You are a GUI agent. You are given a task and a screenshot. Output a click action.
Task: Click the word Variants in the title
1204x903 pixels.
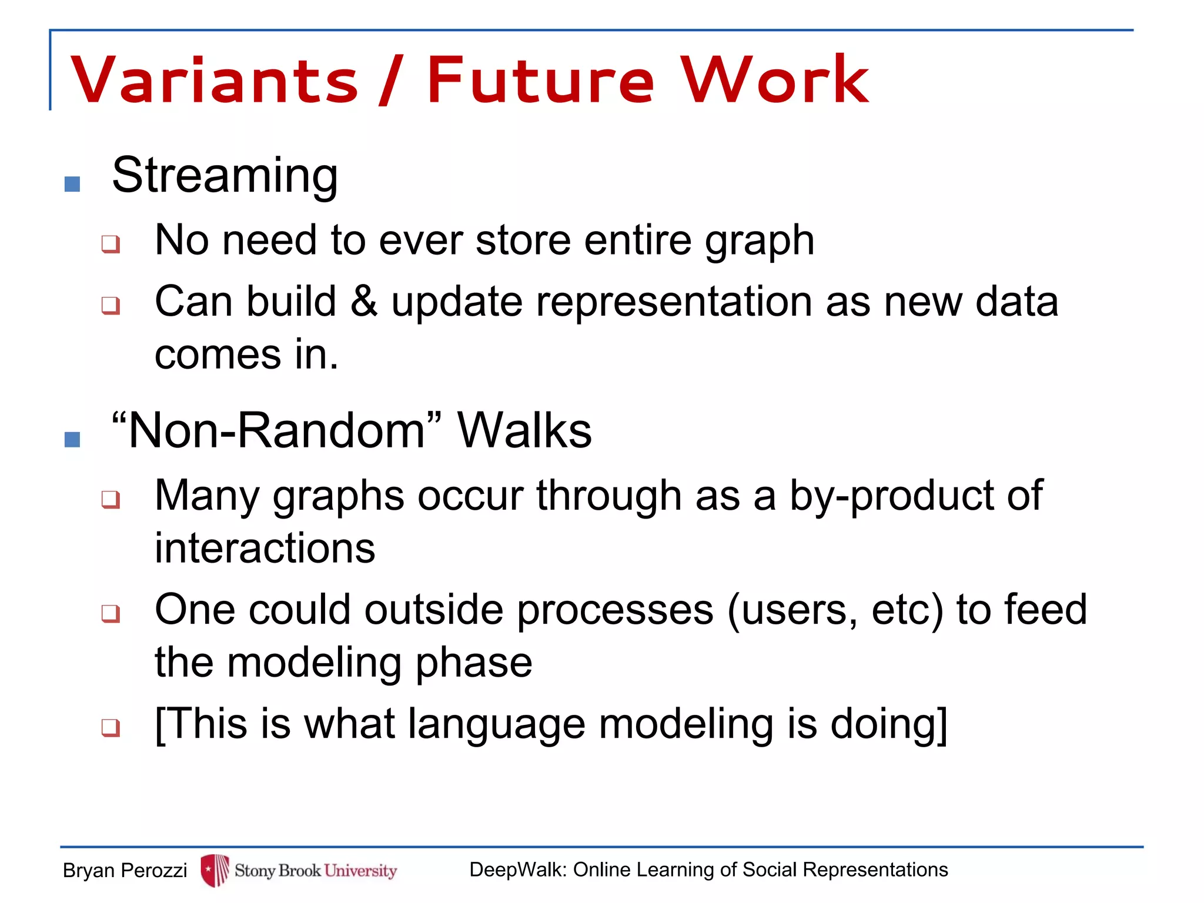point(215,81)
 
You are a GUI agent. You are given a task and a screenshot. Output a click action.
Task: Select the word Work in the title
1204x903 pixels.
point(775,81)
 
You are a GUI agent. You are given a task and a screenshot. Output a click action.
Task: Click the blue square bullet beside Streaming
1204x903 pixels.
point(72,184)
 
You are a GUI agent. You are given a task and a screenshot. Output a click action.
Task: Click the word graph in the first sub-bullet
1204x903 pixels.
point(760,241)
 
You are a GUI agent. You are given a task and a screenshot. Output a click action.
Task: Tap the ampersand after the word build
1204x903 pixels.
point(364,301)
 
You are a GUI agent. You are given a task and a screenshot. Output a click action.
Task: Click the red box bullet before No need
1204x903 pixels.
point(111,243)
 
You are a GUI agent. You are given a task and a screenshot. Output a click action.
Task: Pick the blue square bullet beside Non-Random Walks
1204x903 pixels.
point(72,439)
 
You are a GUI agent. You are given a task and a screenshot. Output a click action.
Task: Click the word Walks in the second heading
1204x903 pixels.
point(524,431)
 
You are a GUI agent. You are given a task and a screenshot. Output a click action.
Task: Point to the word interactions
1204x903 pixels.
point(265,549)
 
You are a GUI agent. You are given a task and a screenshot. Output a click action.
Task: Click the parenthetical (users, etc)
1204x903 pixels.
point(835,610)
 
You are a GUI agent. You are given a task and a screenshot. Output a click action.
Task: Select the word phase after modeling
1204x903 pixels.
point(474,663)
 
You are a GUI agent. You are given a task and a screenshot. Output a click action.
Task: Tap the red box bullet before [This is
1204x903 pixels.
point(111,728)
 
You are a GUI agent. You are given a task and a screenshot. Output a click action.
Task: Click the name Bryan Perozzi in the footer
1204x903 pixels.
point(125,870)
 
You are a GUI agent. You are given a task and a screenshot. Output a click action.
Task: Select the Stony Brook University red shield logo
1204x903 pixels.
point(215,870)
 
